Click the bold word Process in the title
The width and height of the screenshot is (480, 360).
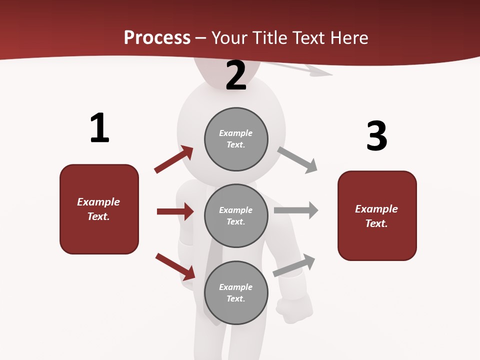(157, 37)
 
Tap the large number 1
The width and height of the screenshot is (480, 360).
(99, 128)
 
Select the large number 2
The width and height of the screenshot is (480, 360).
(236, 75)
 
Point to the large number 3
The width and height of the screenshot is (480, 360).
(376, 136)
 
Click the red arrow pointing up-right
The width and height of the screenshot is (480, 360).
(174, 159)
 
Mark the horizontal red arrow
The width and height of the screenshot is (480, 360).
(175, 211)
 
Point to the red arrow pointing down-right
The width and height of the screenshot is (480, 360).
(175, 266)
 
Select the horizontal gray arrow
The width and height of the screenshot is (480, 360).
(296, 210)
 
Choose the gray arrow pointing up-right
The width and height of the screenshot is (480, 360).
(294, 265)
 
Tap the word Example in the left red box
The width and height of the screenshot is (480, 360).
(98, 202)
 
